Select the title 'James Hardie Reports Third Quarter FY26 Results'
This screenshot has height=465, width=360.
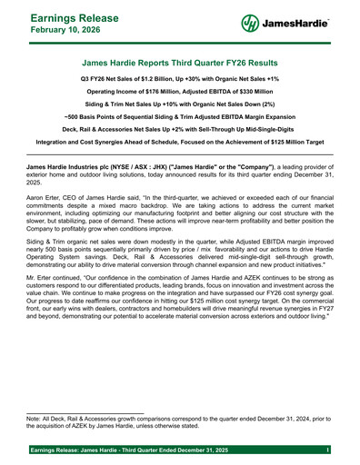tap(180, 64)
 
